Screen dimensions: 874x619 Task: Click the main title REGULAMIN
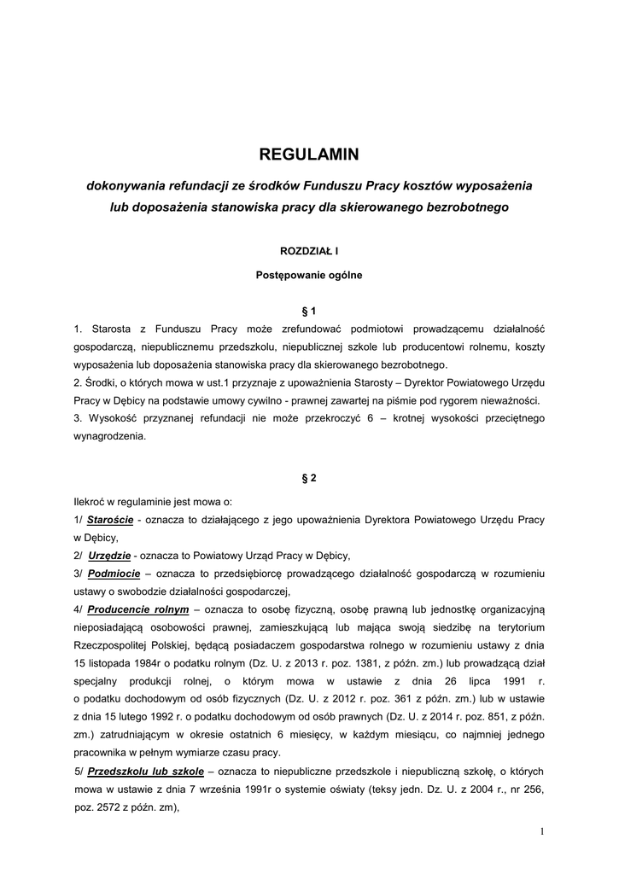(x=309, y=154)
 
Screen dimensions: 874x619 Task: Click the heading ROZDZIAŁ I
(x=309, y=251)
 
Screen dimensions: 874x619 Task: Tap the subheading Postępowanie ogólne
(x=309, y=275)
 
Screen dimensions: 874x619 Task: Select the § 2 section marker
(x=309, y=478)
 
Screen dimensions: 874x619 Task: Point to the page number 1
(x=541, y=831)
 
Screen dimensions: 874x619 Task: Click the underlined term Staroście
(x=109, y=520)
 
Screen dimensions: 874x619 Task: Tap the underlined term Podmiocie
(x=108, y=573)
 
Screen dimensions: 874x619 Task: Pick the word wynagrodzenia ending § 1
(x=109, y=435)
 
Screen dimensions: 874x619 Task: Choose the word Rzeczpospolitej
(x=117, y=645)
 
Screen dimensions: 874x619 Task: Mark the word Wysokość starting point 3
(x=111, y=417)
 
